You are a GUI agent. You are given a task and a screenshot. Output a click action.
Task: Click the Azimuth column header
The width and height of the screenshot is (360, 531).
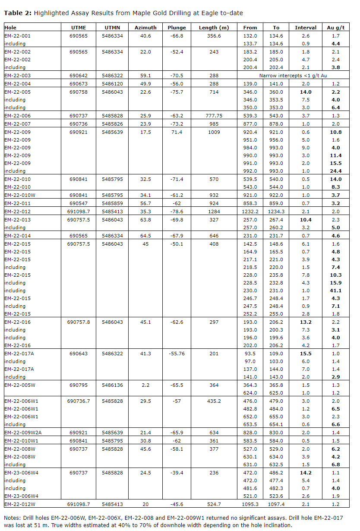pyautogui.click(x=145, y=28)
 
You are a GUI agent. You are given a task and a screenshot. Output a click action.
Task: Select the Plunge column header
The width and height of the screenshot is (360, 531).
pyautogui.click(x=177, y=28)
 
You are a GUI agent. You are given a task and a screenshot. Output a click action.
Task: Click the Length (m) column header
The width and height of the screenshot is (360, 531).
pyautogui.click(x=214, y=28)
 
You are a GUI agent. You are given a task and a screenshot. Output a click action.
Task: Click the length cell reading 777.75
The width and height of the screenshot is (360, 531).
pyautogui.click(x=214, y=116)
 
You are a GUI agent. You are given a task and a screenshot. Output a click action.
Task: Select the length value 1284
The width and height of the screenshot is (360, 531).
pyautogui.click(x=214, y=212)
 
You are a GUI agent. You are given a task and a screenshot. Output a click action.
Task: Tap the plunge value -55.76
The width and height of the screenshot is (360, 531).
pyautogui.click(x=177, y=354)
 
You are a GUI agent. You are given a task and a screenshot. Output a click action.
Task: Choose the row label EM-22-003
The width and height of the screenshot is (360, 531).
pyautogui.click(x=18, y=76)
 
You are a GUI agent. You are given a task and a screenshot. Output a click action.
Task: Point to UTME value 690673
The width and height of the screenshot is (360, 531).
pyautogui.click(x=79, y=83)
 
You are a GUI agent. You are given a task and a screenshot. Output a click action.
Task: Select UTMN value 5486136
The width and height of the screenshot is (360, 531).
pyautogui.click(x=113, y=385)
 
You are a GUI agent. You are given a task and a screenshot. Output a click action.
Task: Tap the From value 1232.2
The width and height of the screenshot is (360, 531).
pyautogui.click(x=250, y=212)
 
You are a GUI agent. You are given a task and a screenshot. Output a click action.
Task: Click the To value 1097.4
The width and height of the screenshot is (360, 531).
pyautogui.click(x=276, y=504)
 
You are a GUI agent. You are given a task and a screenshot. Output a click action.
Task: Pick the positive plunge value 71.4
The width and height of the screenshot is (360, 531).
pyautogui.click(x=177, y=132)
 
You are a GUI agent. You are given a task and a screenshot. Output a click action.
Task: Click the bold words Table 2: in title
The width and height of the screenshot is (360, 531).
pyautogui.click(x=18, y=13)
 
